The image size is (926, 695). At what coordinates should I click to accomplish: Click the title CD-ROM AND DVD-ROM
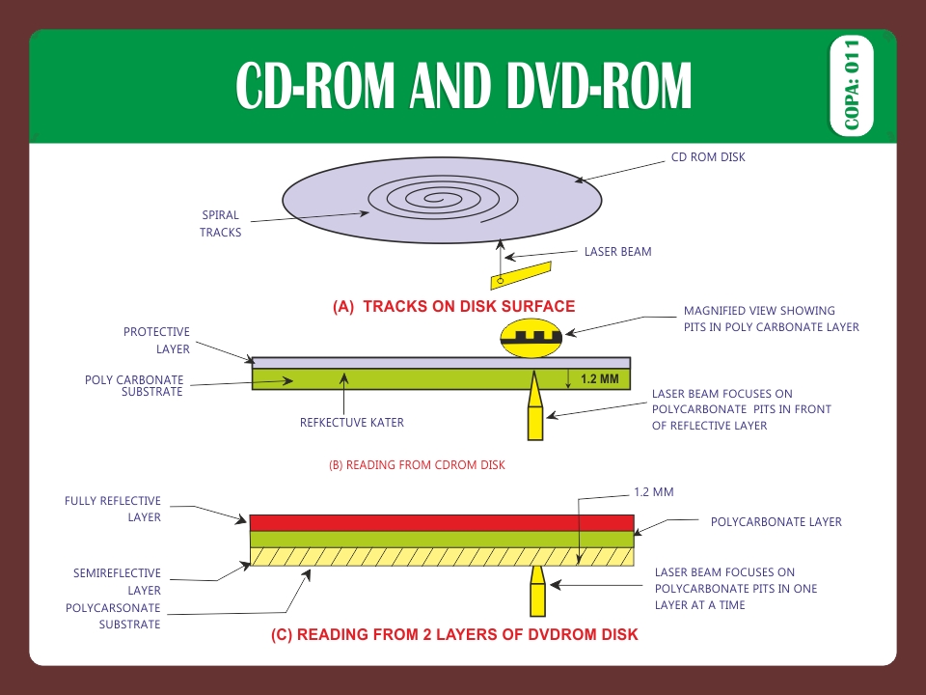[x=464, y=87]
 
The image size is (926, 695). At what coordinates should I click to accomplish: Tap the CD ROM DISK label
[x=708, y=157]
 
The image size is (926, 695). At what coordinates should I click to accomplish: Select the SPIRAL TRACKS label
[x=221, y=224]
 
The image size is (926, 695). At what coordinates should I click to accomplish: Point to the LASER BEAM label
[x=617, y=252]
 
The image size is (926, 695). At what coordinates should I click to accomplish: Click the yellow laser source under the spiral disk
[x=520, y=275]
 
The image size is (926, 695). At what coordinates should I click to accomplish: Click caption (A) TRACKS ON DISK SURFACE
[x=453, y=307]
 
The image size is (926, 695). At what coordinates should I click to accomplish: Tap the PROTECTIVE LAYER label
[x=156, y=341]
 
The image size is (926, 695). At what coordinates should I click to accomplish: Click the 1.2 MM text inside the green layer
[x=599, y=379]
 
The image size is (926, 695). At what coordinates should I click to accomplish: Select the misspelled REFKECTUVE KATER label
[x=352, y=422]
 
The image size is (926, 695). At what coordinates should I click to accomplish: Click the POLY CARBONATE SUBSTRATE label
[x=134, y=385]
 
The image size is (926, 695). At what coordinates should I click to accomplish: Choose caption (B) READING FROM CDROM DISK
[x=417, y=464]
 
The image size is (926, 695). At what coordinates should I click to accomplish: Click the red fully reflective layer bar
[x=441, y=522]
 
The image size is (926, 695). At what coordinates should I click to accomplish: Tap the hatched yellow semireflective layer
[x=441, y=556]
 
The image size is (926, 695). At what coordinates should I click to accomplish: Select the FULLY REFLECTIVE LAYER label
[x=113, y=509]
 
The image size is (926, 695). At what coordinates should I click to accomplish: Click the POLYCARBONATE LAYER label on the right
[x=776, y=522]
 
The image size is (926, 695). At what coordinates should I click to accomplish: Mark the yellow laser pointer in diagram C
[x=536, y=592]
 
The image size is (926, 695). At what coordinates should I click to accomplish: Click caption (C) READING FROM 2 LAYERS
[x=453, y=635]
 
